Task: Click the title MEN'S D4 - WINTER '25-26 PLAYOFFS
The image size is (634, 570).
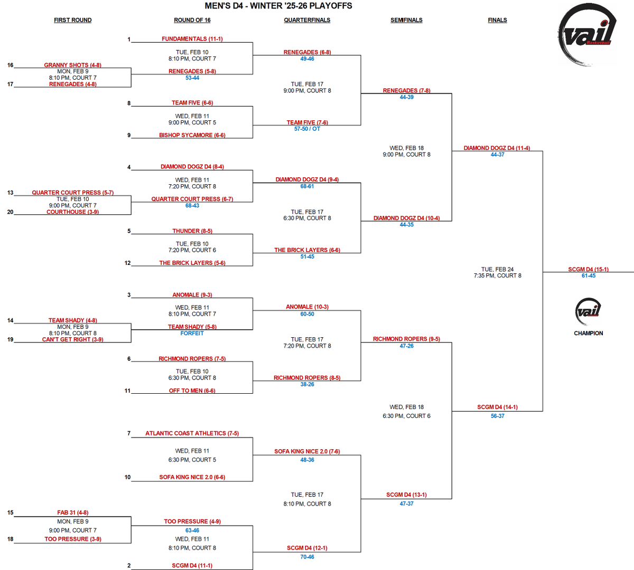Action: tap(278, 6)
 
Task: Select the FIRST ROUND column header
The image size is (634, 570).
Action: tap(73, 20)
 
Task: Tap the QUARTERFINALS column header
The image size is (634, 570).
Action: tap(307, 20)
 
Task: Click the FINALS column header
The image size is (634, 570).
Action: tap(497, 20)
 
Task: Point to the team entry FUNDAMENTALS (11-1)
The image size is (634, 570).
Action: tap(192, 39)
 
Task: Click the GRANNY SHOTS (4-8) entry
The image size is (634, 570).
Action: tap(73, 65)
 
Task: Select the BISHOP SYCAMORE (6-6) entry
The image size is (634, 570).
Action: tap(192, 135)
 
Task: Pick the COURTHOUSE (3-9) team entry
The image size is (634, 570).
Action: tap(73, 212)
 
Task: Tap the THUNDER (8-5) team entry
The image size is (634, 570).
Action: tap(192, 231)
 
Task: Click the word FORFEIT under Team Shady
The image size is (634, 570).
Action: tap(192, 333)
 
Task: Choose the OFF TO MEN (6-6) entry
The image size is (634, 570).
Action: tap(192, 391)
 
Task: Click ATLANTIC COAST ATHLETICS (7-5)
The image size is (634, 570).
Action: tap(192, 433)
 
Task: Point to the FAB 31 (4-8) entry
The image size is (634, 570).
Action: tap(73, 512)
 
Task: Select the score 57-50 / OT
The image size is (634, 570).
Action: tap(307, 129)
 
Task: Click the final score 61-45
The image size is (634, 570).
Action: tap(588, 275)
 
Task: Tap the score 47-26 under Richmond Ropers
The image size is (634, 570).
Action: tap(406, 346)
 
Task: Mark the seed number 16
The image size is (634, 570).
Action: tap(11, 65)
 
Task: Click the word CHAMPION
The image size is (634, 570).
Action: tap(588, 333)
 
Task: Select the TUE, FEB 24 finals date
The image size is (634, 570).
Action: tap(497, 269)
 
